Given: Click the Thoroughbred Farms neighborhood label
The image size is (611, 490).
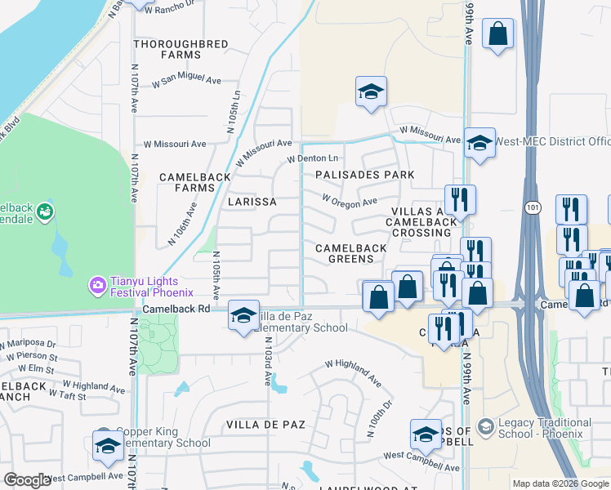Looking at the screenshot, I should [167, 48].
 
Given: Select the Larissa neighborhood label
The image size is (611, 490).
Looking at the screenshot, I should [252, 201].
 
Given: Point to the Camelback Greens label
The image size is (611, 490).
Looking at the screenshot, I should [345, 252].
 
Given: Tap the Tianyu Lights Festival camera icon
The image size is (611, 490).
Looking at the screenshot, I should [98, 285].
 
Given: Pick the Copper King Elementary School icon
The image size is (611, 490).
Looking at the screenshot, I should [106, 446].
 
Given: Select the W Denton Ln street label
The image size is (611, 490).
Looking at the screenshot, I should [311, 158].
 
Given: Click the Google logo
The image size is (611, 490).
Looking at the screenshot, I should [27, 480].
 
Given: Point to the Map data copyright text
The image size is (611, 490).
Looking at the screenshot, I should [560, 483].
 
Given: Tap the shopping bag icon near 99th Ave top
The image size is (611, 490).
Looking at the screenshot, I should [497, 34].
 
